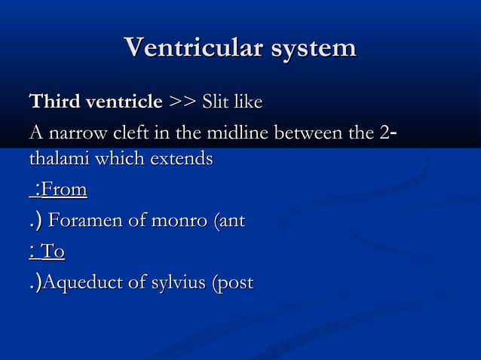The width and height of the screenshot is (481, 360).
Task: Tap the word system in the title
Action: (310, 48)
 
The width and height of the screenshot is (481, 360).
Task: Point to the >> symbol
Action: (180, 101)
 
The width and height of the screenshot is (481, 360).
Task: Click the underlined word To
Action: (53, 252)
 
